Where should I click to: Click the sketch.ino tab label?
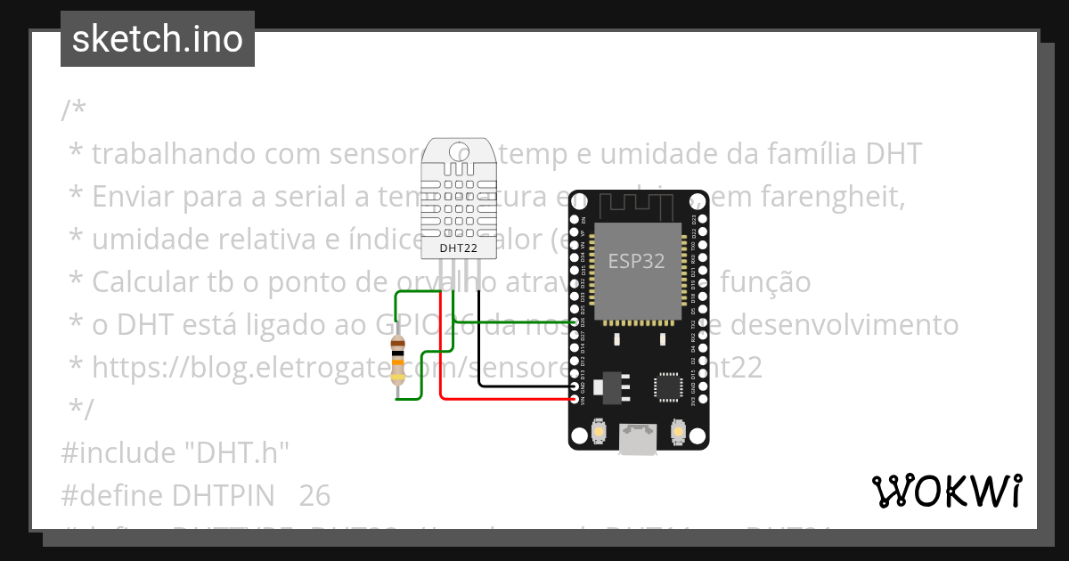[x=158, y=39]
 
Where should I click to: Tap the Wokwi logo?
[x=946, y=491]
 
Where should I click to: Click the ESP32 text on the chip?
[x=636, y=261]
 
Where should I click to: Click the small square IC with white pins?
[x=668, y=386]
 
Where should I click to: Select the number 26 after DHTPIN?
[x=314, y=495]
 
